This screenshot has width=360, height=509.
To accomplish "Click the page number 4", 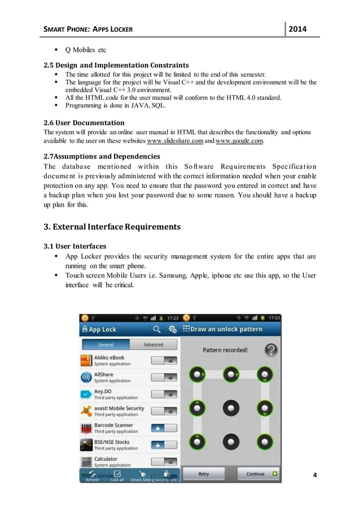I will pyautogui.click(x=315, y=475).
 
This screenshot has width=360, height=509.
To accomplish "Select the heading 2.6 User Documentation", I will pyautogui.click(x=84, y=122).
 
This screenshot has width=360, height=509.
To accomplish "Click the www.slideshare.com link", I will pyautogui.click(x=174, y=141).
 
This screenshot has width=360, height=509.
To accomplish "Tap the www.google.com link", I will pyautogui.click(x=240, y=141).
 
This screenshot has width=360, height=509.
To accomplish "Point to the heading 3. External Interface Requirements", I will pyautogui.click(x=112, y=227).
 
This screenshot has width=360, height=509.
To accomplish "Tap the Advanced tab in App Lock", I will pyautogui.click(x=153, y=345).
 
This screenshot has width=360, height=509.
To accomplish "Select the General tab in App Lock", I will pyautogui.click(x=106, y=345).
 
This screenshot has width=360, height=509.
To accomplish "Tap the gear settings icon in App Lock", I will pyautogui.click(x=172, y=329).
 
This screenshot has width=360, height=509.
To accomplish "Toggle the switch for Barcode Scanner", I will pyautogui.click(x=164, y=428).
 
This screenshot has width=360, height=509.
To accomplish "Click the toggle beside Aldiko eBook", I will pyautogui.click(x=164, y=361).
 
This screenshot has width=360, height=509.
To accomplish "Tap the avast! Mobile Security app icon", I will pyautogui.click(x=86, y=411).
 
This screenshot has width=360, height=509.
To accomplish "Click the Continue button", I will pyautogui.click(x=258, y=474).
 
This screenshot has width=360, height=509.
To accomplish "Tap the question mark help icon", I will pyautogui.click(x=271, y=350).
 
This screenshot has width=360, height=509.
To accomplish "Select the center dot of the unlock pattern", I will pyautogui.click(x=231, y=406).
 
